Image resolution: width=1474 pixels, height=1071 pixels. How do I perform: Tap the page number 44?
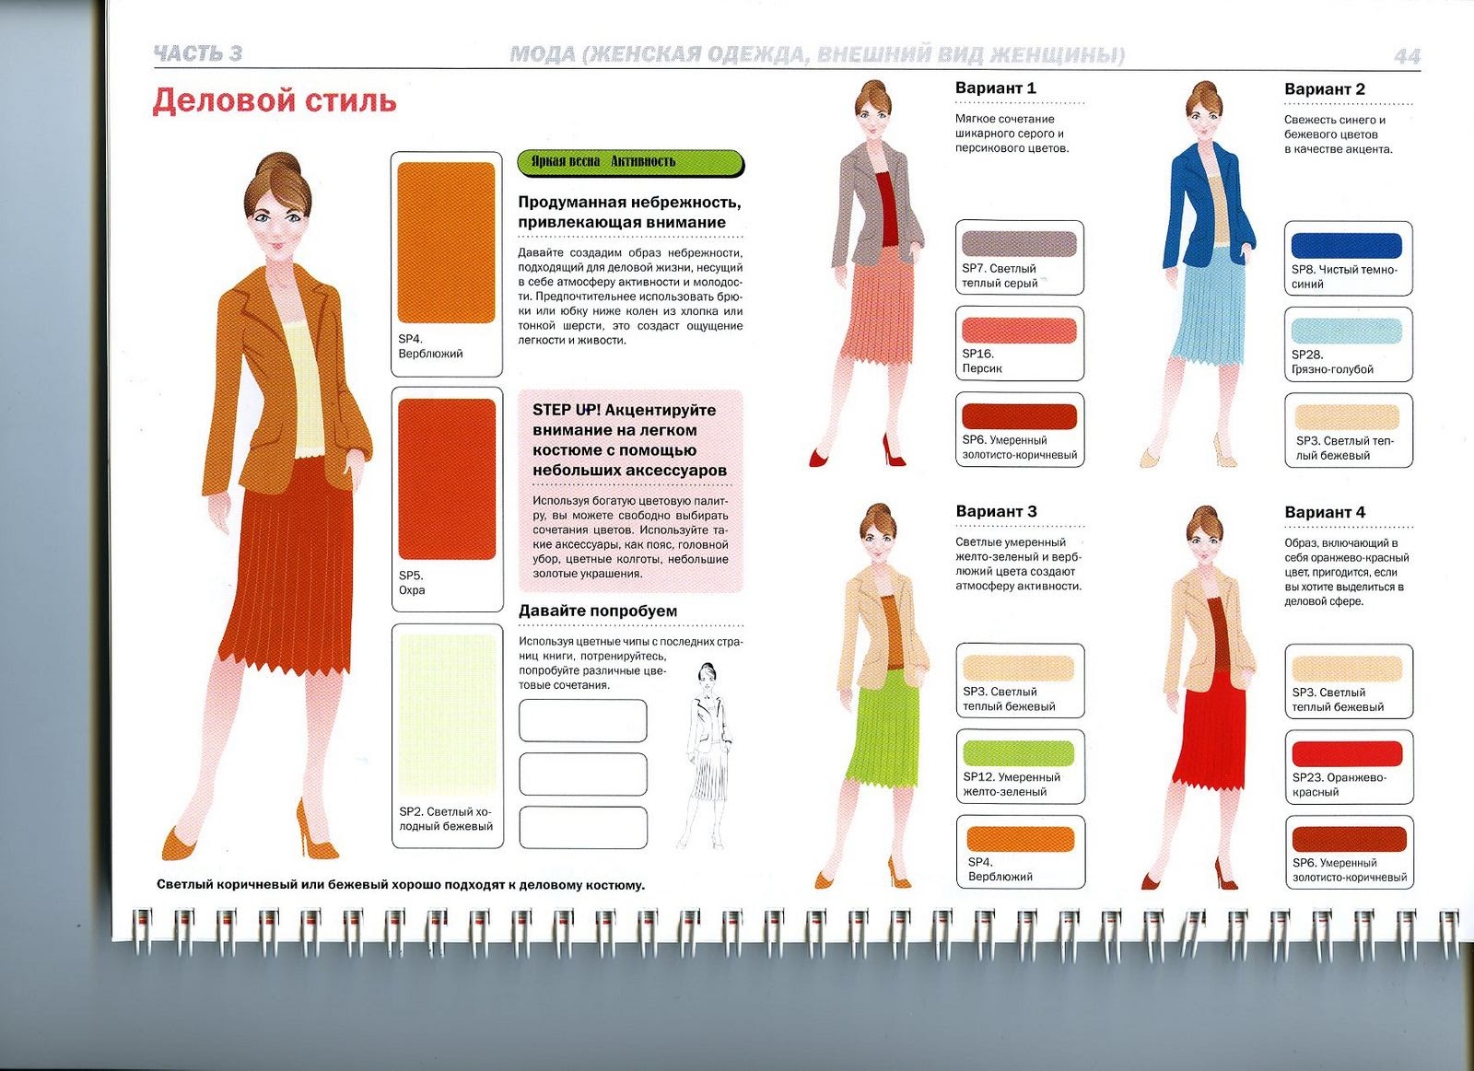(1407, 56)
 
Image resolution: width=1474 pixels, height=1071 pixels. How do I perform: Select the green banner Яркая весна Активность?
(630, 163)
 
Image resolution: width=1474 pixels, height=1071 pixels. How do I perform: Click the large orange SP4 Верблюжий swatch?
(446, 243)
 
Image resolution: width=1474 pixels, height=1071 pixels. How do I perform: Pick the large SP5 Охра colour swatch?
(447, 479)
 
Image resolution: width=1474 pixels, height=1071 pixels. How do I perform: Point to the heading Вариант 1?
(996, 88)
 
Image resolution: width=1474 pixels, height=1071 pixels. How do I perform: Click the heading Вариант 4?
(1325, 512)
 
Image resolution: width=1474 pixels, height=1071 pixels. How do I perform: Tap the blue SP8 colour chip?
(1346, 246)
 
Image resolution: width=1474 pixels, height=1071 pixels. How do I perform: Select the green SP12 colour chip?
(1019, 753)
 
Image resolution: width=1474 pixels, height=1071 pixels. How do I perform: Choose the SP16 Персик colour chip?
(1019, 331)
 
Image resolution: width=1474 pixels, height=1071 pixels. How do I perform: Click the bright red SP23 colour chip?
(1347, 754)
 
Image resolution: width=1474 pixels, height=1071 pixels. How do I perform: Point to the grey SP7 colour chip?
(1019, 244)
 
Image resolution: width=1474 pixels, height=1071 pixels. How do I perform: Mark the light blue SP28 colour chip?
(1346, 331)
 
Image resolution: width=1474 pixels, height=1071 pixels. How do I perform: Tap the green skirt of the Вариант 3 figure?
(881, 730)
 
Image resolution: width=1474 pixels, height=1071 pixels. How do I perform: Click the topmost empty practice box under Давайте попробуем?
(582, 721)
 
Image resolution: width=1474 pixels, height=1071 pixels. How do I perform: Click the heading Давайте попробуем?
(598, 611)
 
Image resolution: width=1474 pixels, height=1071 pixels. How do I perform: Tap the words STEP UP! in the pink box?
(567, 411)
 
